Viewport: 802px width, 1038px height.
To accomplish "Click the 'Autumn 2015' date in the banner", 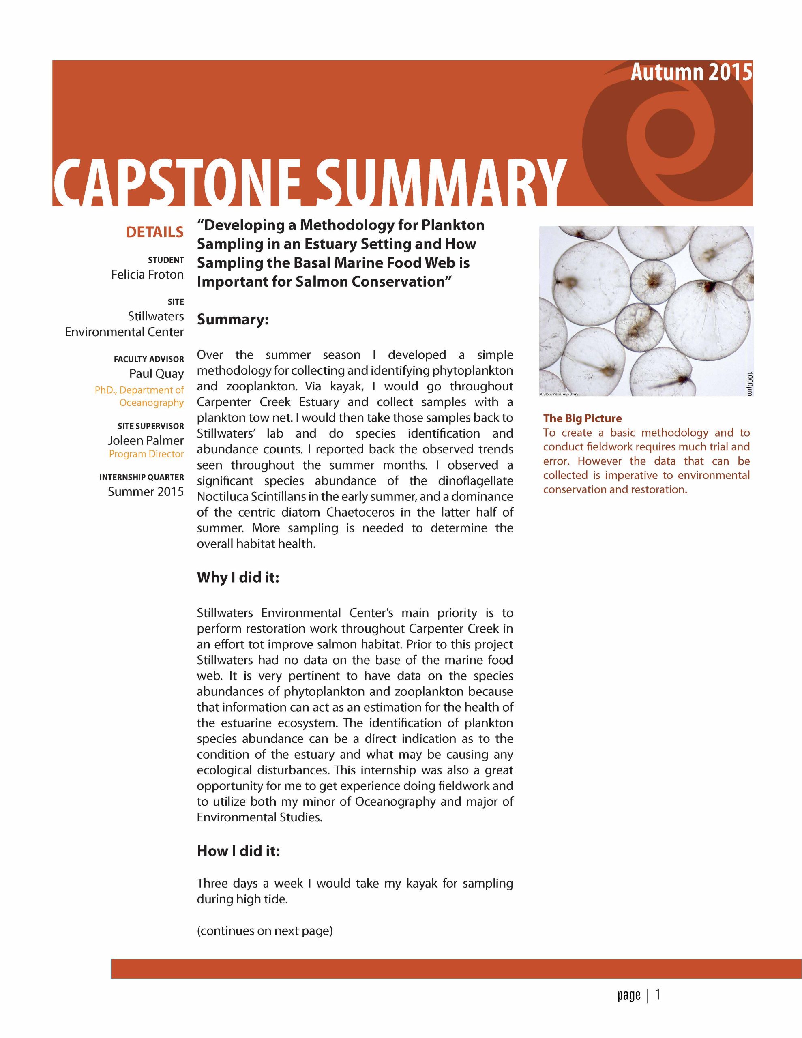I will [691, 73].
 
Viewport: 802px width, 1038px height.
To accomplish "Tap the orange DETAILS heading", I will [154, 232].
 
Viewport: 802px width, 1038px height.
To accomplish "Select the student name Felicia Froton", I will [147, 275].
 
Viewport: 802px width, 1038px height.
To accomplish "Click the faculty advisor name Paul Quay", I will [156, 373].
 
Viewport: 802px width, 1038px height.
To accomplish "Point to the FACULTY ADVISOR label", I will [148, 359].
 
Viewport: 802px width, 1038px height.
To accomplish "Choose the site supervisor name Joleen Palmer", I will [146, 441].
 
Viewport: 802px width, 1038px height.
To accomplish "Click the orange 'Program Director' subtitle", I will [146, 454].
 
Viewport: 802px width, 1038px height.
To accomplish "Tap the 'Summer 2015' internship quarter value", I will [146, 491].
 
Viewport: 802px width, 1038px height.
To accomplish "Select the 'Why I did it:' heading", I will [238, 577].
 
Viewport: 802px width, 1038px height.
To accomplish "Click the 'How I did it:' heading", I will [238, 851].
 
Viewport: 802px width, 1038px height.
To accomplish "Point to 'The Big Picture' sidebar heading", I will [582, 418].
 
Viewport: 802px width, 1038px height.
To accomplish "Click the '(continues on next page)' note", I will [265, 931].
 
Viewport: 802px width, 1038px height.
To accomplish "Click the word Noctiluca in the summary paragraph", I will [220, 497].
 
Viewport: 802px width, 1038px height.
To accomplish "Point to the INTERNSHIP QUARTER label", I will [142, 477].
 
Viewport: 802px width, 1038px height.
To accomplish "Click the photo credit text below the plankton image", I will [559, 394].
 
